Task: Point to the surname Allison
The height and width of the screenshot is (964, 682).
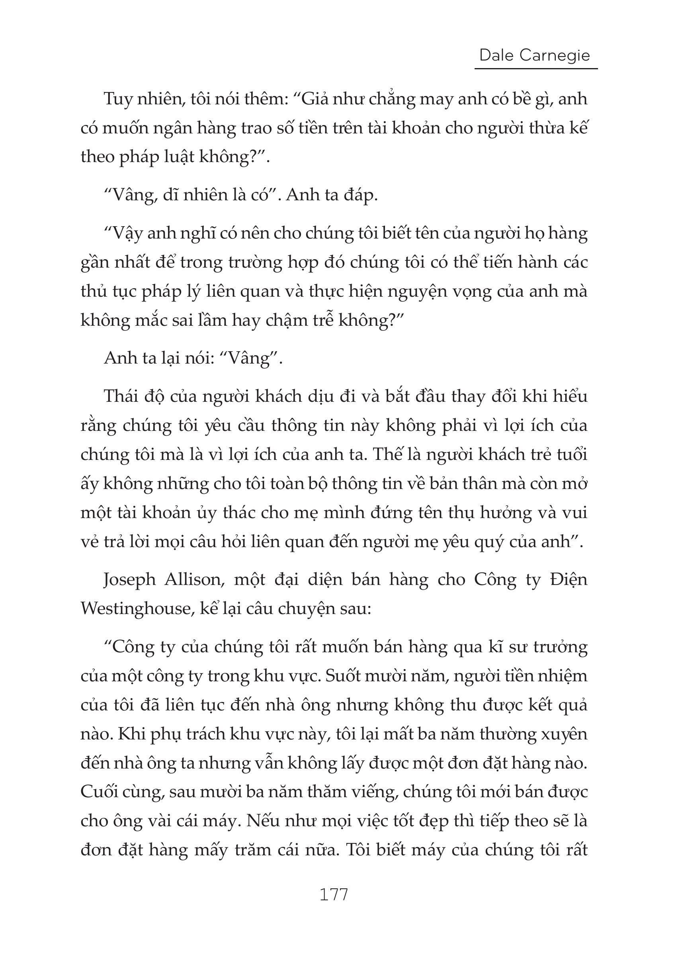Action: (x=193, y=580)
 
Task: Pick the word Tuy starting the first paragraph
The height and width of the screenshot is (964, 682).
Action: (x=117, y=100)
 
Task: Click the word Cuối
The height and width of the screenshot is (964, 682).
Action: (x=98, y=792)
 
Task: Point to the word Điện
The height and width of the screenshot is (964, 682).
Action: (x=568, y=580)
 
